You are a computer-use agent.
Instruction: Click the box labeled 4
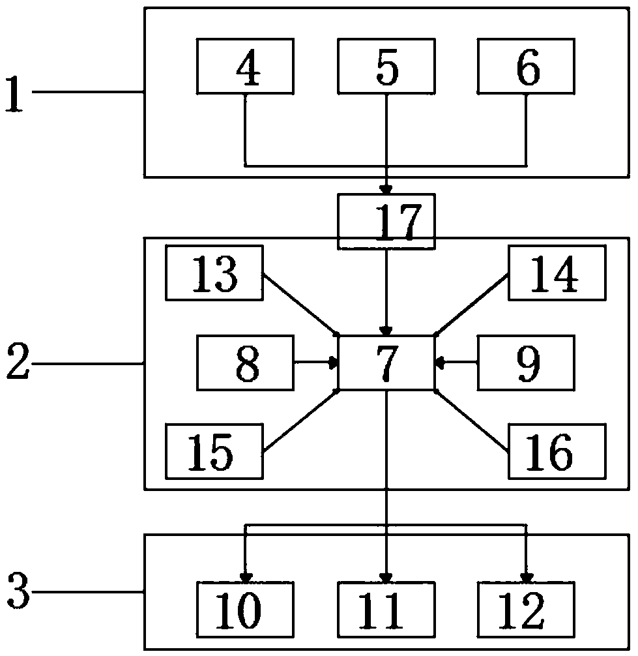tap(245, 66)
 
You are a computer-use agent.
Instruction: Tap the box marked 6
tap(527, 66)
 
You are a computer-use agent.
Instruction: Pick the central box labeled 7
tap(386, 363)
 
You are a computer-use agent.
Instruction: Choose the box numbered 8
tap(245, 363)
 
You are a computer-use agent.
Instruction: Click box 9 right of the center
tap(527, 363)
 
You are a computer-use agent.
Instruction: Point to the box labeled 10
tap(245, 608)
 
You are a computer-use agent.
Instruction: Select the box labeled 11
tap(386, 608)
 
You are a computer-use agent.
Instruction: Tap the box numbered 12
tap(527, 608)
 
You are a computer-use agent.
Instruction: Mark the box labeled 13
tap(214, 273)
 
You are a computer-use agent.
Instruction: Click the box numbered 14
tap(557, 273)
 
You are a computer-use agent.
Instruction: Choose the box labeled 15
tap(214, 451)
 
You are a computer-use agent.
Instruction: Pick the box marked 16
tap(557, 451)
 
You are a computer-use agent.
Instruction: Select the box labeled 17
tap(386, 221)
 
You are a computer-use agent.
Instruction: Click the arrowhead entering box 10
tap(246, 578)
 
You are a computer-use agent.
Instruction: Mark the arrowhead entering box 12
tap(526, 578)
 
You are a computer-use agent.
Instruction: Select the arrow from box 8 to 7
tap(316, 361)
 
